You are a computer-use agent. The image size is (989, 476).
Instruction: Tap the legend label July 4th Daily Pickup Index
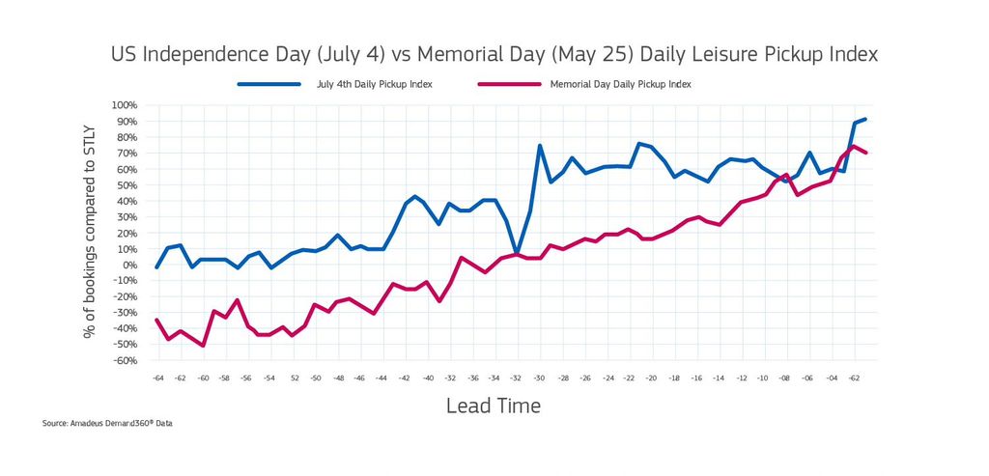[x=373, y=84]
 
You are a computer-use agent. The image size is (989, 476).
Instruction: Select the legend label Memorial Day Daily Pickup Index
[x=620, y=84]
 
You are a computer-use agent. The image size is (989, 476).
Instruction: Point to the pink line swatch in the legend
[x=509, y=84]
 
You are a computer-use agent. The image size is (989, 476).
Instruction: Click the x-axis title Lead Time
[x=493, y=406]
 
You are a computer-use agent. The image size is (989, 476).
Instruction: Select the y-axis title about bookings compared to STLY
[x=89, y=233]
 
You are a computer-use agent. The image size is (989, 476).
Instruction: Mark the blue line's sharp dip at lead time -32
[x=517, y=253]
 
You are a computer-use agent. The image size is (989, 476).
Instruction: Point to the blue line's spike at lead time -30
[x=540, y=146]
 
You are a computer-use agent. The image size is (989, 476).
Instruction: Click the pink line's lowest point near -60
[x=203, y=346]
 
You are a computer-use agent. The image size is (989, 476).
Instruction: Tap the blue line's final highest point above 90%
[x=865, y=119]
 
